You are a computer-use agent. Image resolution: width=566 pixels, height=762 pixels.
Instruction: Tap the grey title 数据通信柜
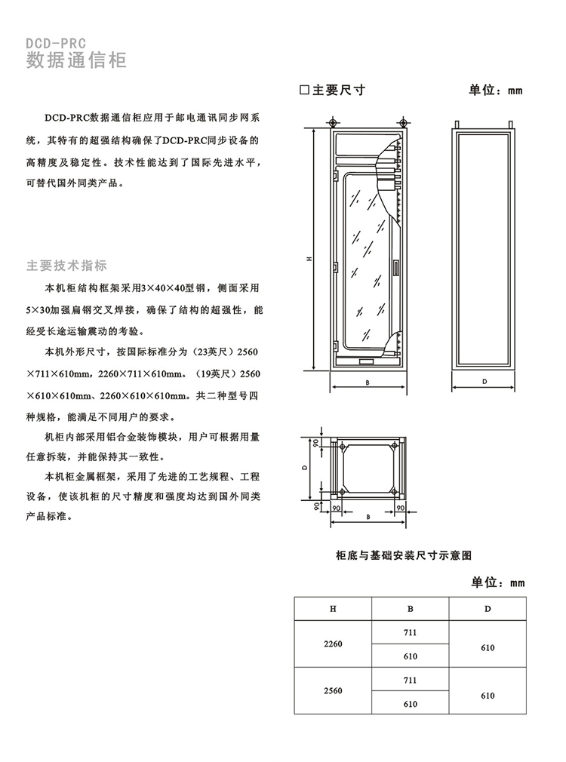click(x=76, y=61)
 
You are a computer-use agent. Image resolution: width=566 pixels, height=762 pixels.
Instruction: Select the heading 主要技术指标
click(x=67, y=266)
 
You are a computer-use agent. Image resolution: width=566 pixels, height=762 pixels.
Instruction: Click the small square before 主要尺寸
click(x=305, y=90)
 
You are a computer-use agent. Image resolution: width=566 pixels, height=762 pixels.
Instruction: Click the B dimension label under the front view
click(x=367, y=383)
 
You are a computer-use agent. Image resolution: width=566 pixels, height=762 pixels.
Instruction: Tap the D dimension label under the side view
click(x=484, y=383)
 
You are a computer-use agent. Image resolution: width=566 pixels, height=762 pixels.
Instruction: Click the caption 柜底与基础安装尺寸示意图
click(x=404, y=555)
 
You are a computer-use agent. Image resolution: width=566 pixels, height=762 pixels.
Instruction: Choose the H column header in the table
click(x=333, y=608)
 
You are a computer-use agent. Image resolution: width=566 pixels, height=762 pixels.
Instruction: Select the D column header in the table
click(x=488, y=608)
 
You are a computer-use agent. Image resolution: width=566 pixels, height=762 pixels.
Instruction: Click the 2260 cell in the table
click(x=333, y=644)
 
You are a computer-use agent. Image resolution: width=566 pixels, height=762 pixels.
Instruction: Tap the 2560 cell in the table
click(x=333, y=691)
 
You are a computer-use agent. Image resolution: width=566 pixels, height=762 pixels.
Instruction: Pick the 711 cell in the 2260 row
click(x=411, y=632)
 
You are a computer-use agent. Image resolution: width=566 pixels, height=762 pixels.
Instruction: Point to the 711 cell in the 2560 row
click(x=411, y=680)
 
